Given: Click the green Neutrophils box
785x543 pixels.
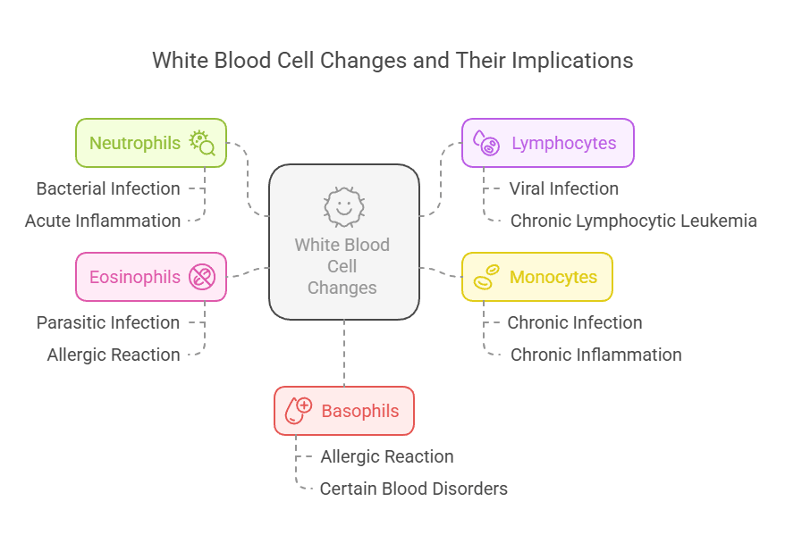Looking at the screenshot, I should click(x=150, y=143).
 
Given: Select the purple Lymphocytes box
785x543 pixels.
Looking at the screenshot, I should click(x=547, y=143).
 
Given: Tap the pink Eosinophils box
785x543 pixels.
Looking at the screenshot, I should click(x=150, y=277).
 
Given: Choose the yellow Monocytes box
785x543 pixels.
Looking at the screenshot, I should click(x=536, y=277).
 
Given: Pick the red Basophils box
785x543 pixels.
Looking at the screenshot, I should click(x=343, y=411).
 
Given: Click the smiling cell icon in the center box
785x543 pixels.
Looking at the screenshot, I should click(x=343, y=207).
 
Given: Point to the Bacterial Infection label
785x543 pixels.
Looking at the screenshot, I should click(x=108, y=188).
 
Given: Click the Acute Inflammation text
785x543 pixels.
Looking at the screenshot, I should click(x=103, y=221).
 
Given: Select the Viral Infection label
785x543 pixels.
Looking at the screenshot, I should click(x=563, y=188).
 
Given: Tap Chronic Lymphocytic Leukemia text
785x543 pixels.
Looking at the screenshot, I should click(x=633, y=221).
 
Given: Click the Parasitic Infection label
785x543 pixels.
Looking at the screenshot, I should click(x=108, y=322).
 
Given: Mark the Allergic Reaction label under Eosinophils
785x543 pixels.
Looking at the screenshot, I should click(x=114, y=355).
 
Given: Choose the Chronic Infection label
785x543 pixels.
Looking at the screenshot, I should click(x=575, y=322).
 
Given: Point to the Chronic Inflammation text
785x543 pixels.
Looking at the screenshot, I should click(x=595, y=355).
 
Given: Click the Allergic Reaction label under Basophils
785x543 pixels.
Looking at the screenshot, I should click(x=387, y=456).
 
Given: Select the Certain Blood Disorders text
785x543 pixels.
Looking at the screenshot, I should click(x=414, y=489).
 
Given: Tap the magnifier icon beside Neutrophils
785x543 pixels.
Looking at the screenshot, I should click(x=202, y=143).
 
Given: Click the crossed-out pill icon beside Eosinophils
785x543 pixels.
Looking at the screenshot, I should click(x=202, y=277).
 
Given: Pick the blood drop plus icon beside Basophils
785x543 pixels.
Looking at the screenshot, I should click(x=298, y=411).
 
